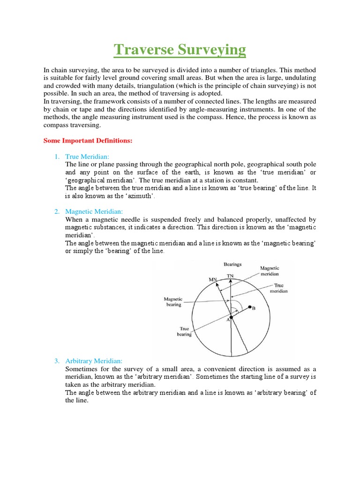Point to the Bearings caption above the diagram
tap(232, 265)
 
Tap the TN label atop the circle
tap(230, 276)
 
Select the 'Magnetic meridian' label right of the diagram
tap(270, 271)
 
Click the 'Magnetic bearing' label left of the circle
tap(172, 301)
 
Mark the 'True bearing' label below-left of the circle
tap(184, 332)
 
